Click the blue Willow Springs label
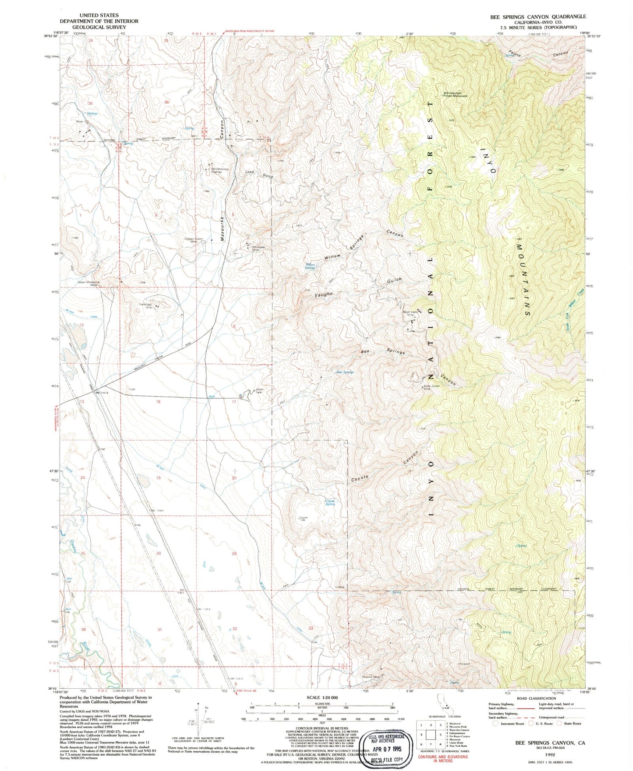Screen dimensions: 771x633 [310, 266]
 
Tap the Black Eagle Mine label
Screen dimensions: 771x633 [411, 313]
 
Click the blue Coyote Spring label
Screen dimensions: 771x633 [329, 502]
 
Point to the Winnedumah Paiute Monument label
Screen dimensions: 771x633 [455, 94]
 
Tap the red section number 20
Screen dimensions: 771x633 [234, 478]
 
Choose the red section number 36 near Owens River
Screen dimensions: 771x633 [84, 629]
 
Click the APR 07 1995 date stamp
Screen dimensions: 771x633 [386, 749]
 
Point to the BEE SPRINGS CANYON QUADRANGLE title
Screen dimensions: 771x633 [538, 17]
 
